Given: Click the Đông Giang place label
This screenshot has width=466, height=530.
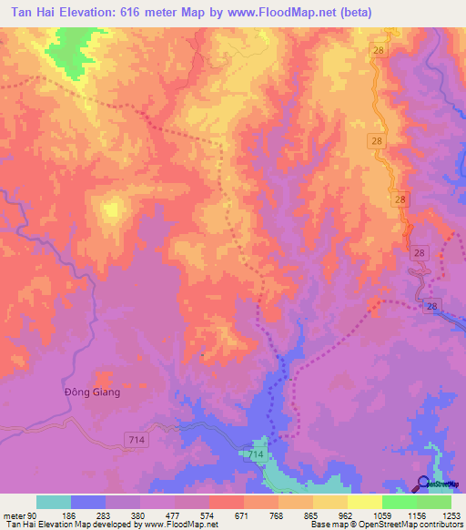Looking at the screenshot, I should click(92, 392).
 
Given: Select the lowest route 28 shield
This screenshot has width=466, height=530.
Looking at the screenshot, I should click(432, 307).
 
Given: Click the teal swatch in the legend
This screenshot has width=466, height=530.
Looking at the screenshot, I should click(54, 502).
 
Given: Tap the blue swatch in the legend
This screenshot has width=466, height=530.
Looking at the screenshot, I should click(88, 502).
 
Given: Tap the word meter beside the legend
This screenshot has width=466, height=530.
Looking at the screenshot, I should click(13, 515).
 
